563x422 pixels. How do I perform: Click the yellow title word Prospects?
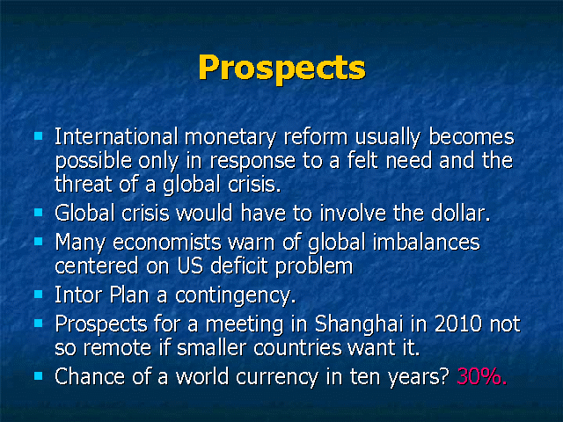click(281, 69)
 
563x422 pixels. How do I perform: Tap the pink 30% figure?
click(482, 376)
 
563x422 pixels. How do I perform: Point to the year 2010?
click(457, 324)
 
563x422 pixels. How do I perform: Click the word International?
click(116, 137)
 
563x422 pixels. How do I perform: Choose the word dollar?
click(460, 213)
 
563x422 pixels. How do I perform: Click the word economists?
click(166, 243)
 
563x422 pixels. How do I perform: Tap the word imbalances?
click(426, 242)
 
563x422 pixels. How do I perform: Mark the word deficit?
click(239, 266)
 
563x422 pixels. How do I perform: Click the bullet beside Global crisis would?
click(39, 213)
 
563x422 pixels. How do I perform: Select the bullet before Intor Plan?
click(39, 295)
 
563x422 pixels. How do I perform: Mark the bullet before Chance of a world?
click(39, 376)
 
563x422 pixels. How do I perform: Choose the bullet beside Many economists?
click(39, 242)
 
